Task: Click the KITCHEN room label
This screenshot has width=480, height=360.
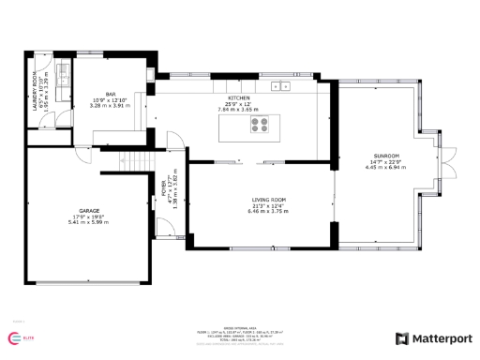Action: click(x=239, y=97)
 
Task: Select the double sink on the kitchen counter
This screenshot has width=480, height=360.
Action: click(x=280, y=86)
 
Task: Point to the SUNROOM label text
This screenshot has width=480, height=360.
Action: click(x=386, y=156)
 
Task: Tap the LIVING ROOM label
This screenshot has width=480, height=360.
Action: click(x=266, y=200)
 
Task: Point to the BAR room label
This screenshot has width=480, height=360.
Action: click(x=111, y=95)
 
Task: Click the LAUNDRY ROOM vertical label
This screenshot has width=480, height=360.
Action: click(x=34, y=91)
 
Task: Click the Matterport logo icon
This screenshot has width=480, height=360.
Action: click(x=401, y=338)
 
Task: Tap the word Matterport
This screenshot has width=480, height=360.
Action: click(x=438, y=338)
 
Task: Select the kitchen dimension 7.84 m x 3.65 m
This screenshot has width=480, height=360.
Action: click(x=239, y=109)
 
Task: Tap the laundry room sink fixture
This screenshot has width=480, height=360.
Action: click(x=60, y=74)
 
